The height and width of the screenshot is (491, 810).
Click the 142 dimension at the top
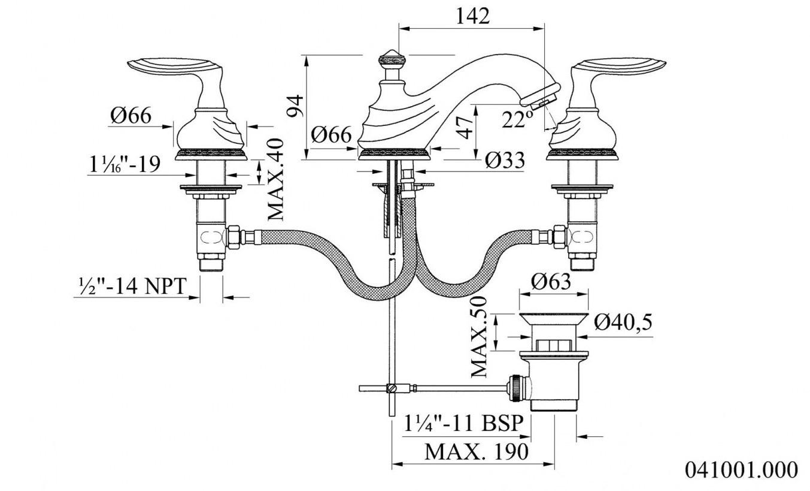(x=472, y=16)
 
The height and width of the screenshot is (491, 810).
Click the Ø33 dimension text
(x=505, y=160)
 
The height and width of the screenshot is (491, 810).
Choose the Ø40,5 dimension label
(x=623, y=323)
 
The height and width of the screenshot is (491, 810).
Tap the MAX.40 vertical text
(x=276, y=179)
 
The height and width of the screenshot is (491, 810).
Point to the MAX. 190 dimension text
(x=477, y=451)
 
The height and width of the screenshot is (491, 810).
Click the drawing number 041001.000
(x=741, y=469)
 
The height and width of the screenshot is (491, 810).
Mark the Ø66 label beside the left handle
(x=131, y=116)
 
